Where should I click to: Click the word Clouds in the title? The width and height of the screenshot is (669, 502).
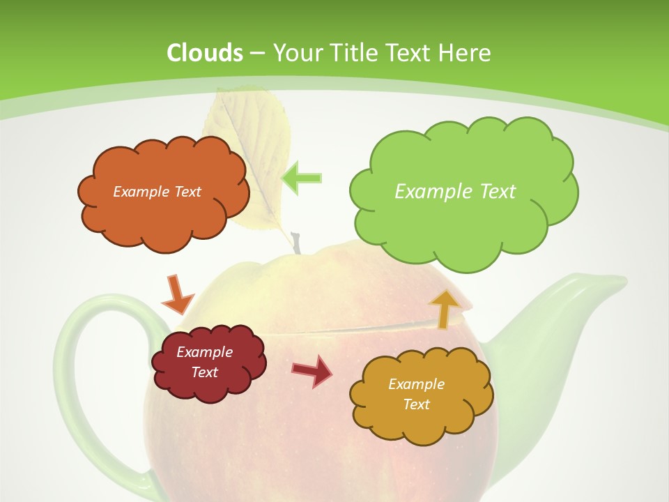[x=205, y=53]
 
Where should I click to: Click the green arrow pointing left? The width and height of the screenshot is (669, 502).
[x=301, y=178]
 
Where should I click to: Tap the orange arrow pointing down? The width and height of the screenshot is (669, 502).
[x=177, y=294]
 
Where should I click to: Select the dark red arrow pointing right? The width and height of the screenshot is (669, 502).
[x=312, y=370]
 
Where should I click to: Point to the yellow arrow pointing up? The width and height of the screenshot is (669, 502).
[x=444, y=309]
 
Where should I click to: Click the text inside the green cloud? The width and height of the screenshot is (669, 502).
[x=455, y=191]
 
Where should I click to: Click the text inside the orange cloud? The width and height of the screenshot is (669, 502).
[x=157, y=191]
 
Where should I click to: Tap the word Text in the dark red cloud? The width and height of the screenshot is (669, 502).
[x=205, y=372]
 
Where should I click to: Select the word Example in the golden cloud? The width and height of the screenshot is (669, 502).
[x=416, y=384]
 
